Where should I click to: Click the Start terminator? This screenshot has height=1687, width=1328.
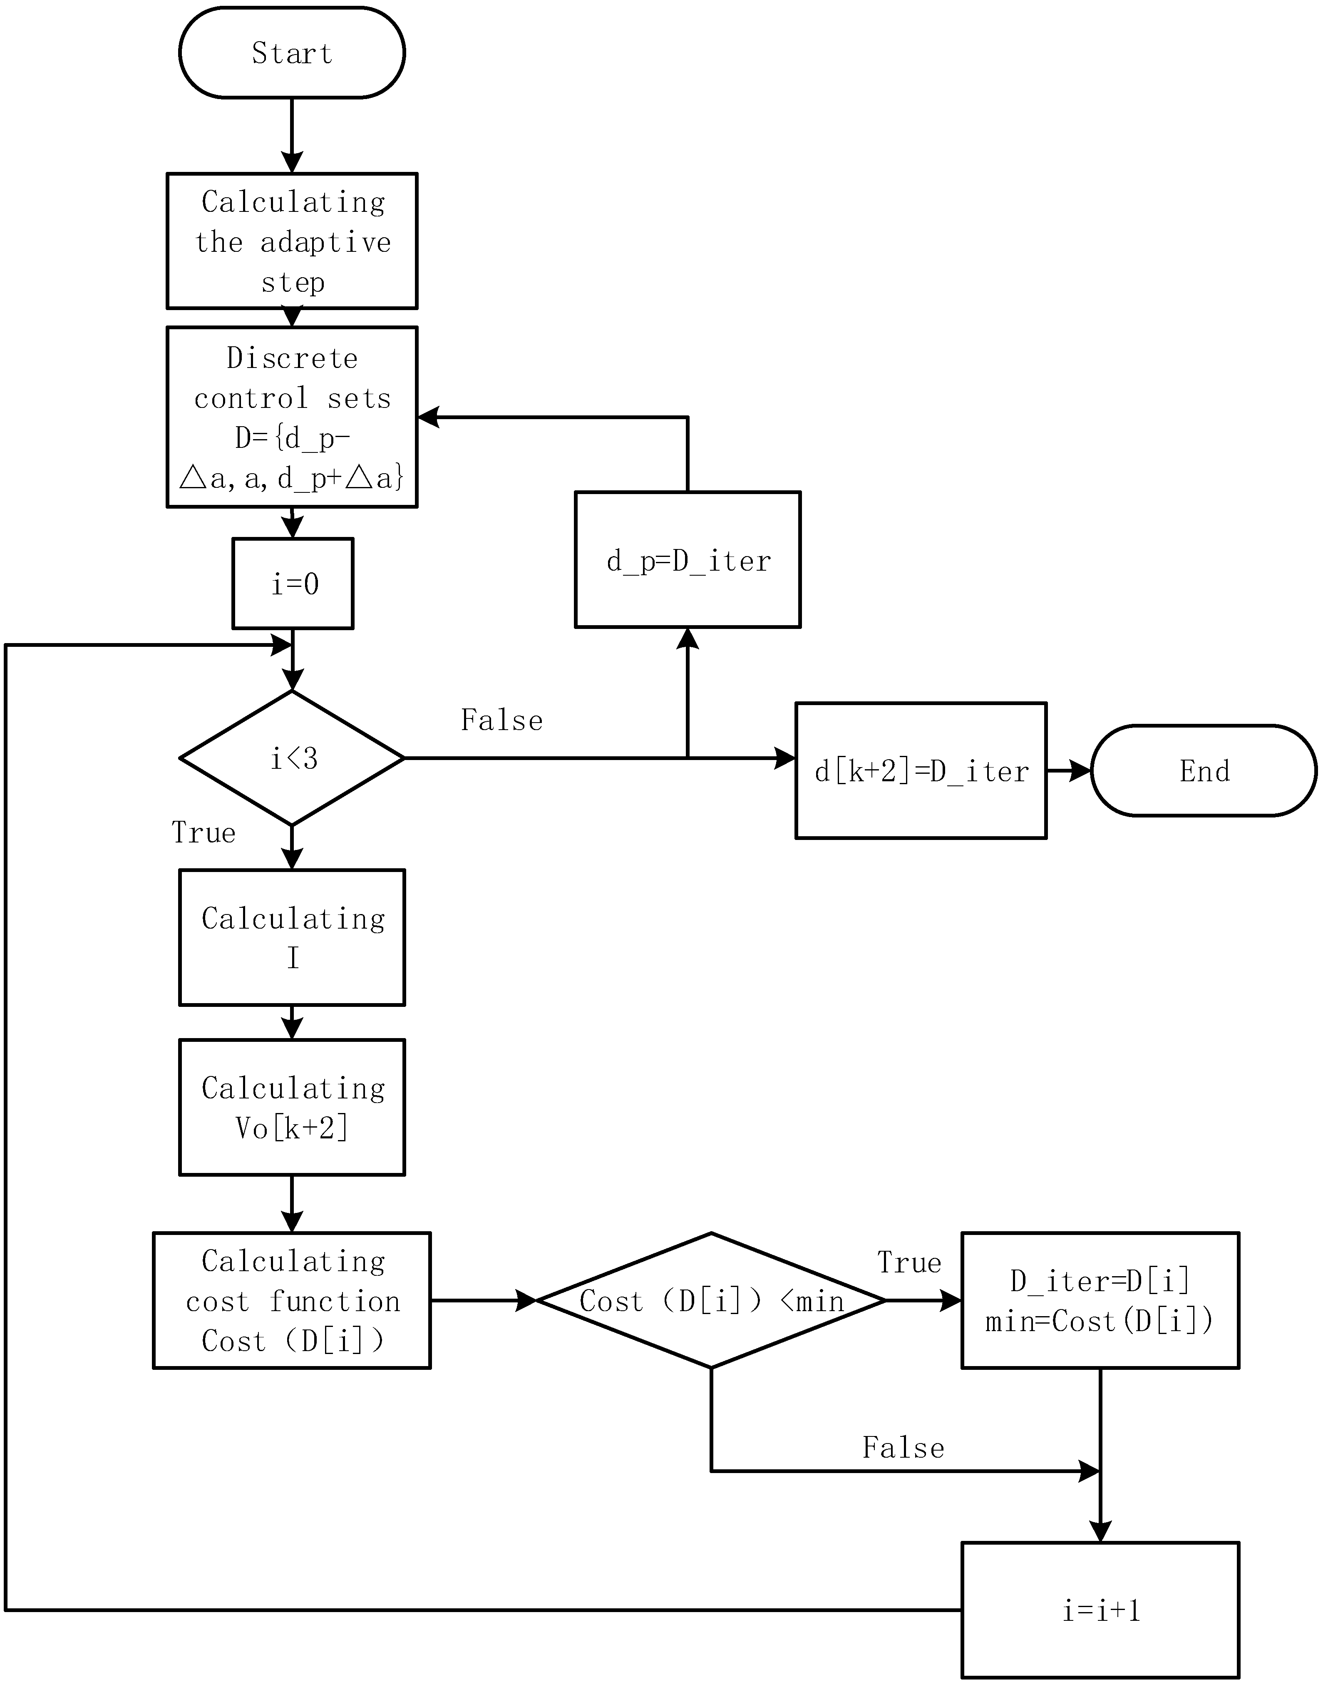click(292, 53)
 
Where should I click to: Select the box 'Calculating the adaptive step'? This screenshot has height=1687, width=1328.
click(292, 241)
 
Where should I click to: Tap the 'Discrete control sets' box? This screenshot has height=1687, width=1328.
click(292, 417)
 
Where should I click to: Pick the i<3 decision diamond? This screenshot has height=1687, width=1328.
click(292, 758)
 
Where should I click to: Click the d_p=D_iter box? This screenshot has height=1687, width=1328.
click(688, 560)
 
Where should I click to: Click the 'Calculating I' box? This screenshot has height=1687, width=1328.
click(292, 937)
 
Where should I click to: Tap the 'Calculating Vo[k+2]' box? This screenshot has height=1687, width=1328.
click(292, 1107)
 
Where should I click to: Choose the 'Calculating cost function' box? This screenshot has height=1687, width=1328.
click(292, 1301)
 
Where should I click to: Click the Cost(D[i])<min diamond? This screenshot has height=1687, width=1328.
click(711, 1301)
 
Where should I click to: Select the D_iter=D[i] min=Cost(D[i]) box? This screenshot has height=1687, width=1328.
click(1100, 1301)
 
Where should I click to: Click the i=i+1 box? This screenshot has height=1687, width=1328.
click(1100, 1610)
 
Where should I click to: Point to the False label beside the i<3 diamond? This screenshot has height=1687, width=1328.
click(501, 721)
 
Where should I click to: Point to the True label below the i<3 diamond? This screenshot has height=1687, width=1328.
click(204, 832)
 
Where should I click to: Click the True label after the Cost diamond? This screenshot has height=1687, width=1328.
click(909, 1262)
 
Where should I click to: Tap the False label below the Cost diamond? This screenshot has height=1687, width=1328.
click(903, 1448)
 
